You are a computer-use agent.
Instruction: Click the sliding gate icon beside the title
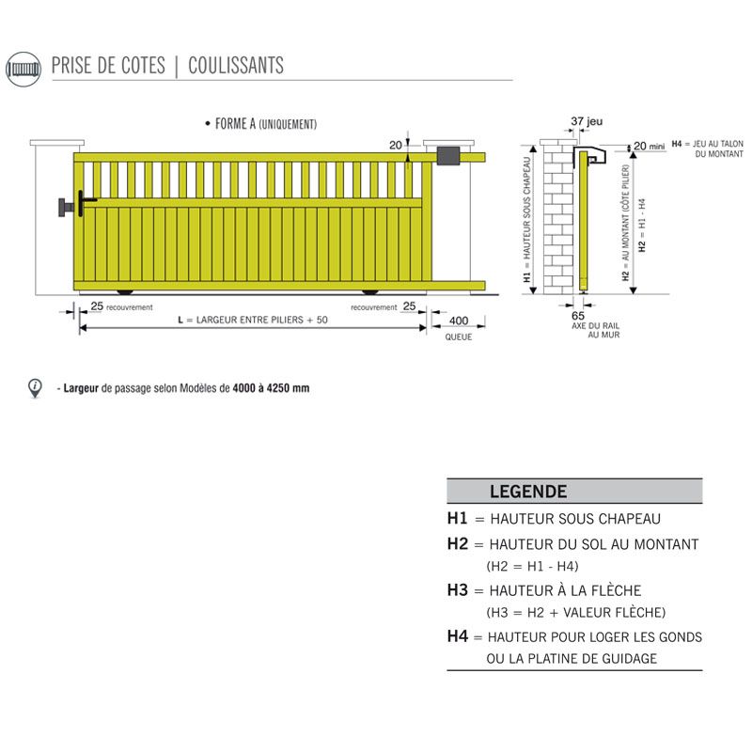point(24,69)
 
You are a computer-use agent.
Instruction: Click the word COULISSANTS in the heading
point(236,66)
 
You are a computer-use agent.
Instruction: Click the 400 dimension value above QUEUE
point(459,321)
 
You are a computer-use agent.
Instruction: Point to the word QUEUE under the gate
point(459,337)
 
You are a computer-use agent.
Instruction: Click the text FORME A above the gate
point(235,124)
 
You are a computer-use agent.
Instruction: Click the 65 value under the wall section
point(578,317)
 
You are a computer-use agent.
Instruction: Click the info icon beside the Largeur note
point(36,386)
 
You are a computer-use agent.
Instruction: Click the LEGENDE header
point(527,492)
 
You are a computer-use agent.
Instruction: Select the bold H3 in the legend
point(458,590)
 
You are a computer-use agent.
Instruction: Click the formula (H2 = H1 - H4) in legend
point(532,566)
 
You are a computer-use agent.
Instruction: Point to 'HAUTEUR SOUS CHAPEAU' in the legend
point(574,519)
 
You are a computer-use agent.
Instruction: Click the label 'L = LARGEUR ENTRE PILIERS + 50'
point(253,321)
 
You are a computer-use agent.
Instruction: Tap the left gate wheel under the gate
point(124,290)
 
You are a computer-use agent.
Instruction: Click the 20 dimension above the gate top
point(395,144)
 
